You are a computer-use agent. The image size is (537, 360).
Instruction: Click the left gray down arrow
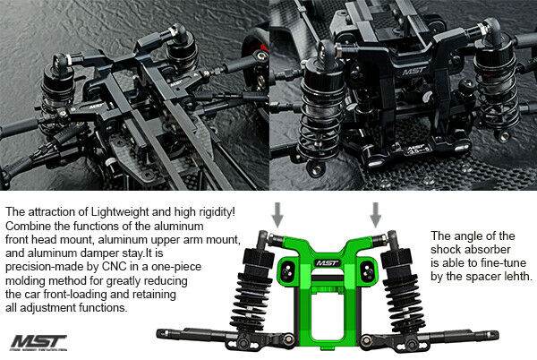click(x=277, y=215)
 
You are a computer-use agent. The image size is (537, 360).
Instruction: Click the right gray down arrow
click(x=376, y=215)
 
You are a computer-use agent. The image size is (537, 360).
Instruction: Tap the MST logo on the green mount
click(x=328, y=263)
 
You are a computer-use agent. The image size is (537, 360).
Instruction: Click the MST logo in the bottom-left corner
click(x=38, y=342)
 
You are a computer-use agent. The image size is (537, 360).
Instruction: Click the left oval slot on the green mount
click(x=286, y=270)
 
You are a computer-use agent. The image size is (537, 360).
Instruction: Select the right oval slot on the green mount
click(x=368, y=270)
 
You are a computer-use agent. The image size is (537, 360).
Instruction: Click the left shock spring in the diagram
click(x=247, y=301)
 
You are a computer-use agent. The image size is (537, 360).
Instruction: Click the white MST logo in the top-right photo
click(x=414, y=72)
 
